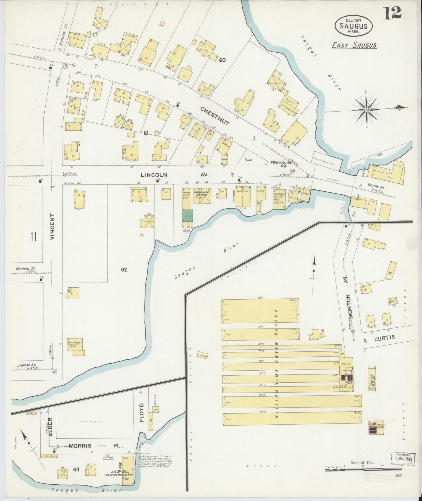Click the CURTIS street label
[x=385, y=337]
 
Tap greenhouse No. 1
[x=260, y=311]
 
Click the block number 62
[x=124, y=270]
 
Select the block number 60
[x=222, y=60]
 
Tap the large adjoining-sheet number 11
[x=33, y=236]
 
